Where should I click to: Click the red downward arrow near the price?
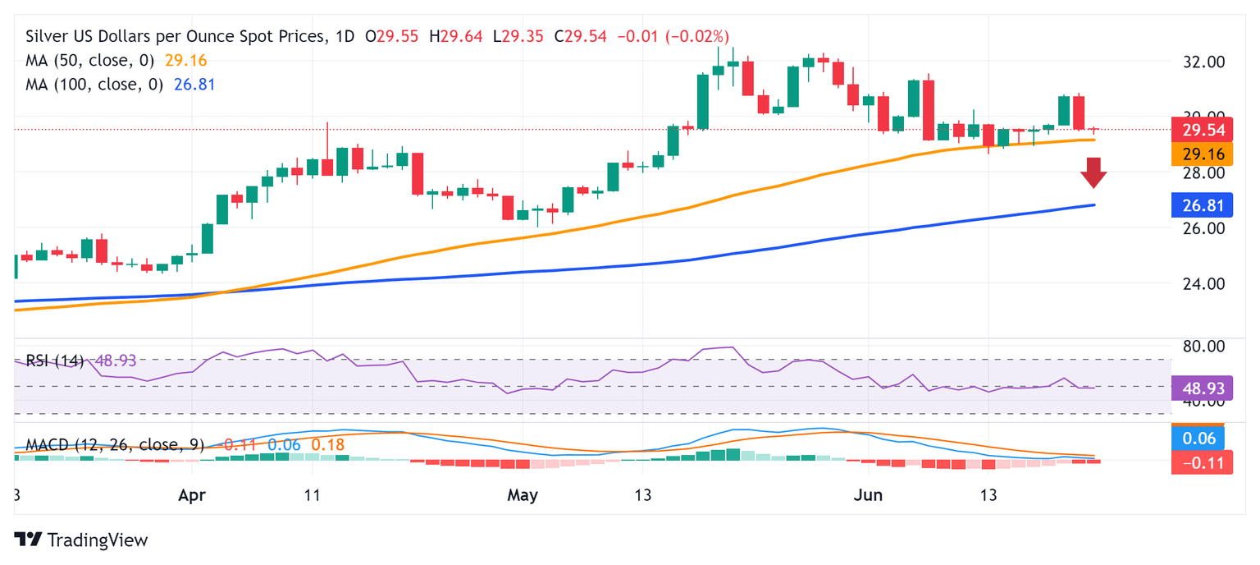click(x=1093, y=173)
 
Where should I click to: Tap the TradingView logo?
click(x=81, y=540)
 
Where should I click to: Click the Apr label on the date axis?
click(x=192, y=495)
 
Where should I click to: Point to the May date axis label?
click(x=523, y=495)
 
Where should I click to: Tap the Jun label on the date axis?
click(x=869, y=495)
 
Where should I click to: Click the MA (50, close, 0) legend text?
click(x=89, y=61)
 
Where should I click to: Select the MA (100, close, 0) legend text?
click(x=94, y=85)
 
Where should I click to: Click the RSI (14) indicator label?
click(x=55, y=361)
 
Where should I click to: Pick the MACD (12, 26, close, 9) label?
click(x=114, y=445)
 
